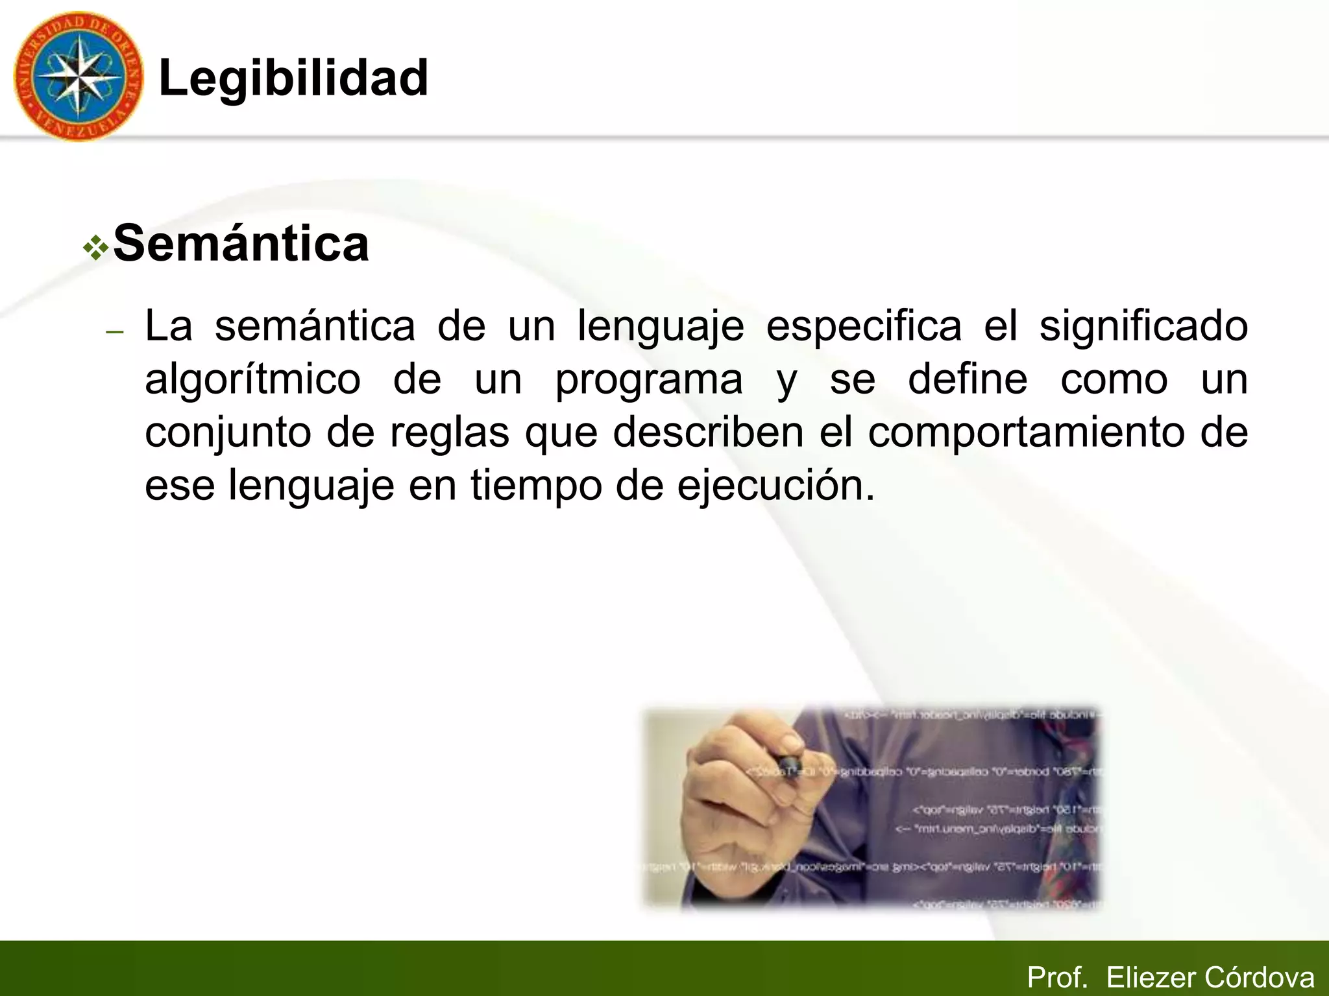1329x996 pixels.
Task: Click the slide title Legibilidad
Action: click(x=293, y=78)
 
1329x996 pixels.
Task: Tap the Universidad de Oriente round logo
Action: click(x=78, y=77)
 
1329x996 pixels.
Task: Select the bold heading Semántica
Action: click(x=241, y=244)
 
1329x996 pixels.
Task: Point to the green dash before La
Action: click(x=114, y=332)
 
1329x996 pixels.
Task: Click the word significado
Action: click(x=1143, y=326)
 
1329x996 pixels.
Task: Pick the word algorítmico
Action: click(x=252, y=380)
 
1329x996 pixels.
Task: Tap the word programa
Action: click(x=649, y=380)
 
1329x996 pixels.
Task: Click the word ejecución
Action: click(x=775, y=486)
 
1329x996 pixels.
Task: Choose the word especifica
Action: click(x=864, y=326)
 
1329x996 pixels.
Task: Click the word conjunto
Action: click(x=228, y=433)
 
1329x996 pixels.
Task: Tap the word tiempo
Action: click(x=536, y=486)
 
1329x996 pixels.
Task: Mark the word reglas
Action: click(x=449, y=433)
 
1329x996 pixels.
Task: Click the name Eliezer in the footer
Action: click(x=1151, y=977)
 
